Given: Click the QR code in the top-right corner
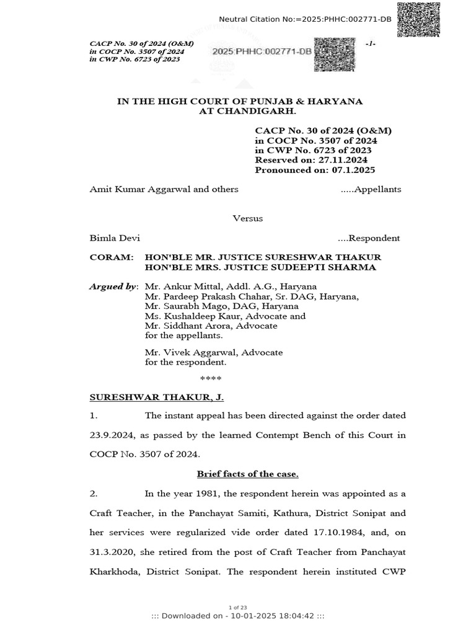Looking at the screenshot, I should [x=419, y=19].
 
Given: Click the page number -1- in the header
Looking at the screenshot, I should [x=371, y=43].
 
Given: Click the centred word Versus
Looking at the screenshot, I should [x=247, y=218].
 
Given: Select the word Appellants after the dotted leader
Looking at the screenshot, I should [x=377, y=189].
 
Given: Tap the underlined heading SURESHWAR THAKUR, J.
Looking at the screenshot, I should [x=143, y=397].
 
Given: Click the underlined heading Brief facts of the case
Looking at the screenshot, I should [x=247, y=474].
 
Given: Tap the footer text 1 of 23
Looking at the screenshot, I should [x=238, y=607].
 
